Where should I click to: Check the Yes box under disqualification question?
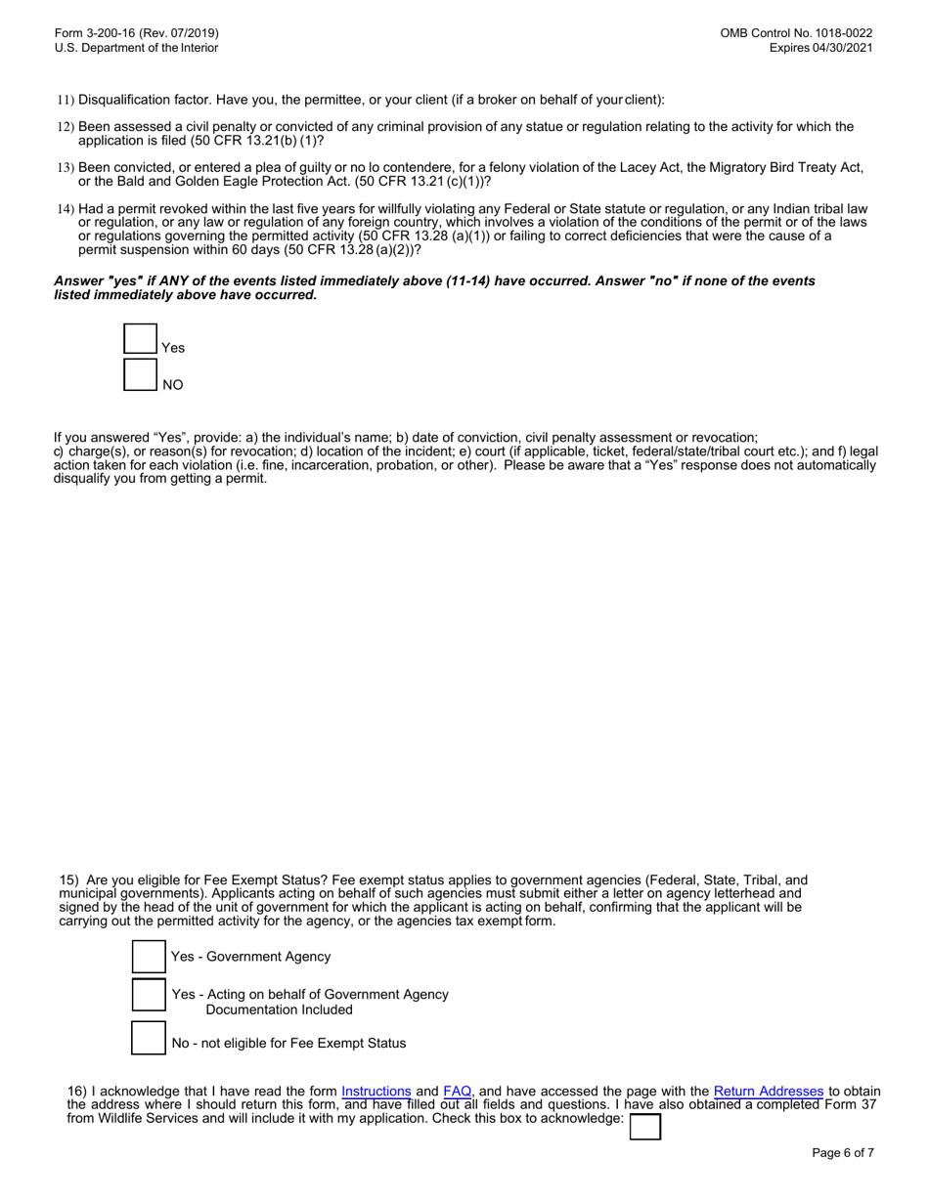pyautogui.click(x=141, y=339)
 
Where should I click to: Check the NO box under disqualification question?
pyautogui.click(x=141, y=375)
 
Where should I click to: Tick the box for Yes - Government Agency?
pyautogui.click(x=149, y=957)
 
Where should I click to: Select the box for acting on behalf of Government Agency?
pyautogui.click(x=149, y=997)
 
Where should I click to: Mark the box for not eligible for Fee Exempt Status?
pyautogui.click(x=149, y=1038)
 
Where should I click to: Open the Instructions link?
pyautogui.click(x=376, y=1091)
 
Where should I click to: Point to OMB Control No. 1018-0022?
pyautogui.click(x=796, y=32)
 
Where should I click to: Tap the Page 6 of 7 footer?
pyautogui.click(x=843, y=1153)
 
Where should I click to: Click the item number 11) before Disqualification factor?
pyautogui.click(x=66, y=100)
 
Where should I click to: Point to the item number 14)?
pyautogui.click(x=66, y=209)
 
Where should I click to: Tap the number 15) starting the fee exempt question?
pyautogui.click(x=71, y=880)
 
